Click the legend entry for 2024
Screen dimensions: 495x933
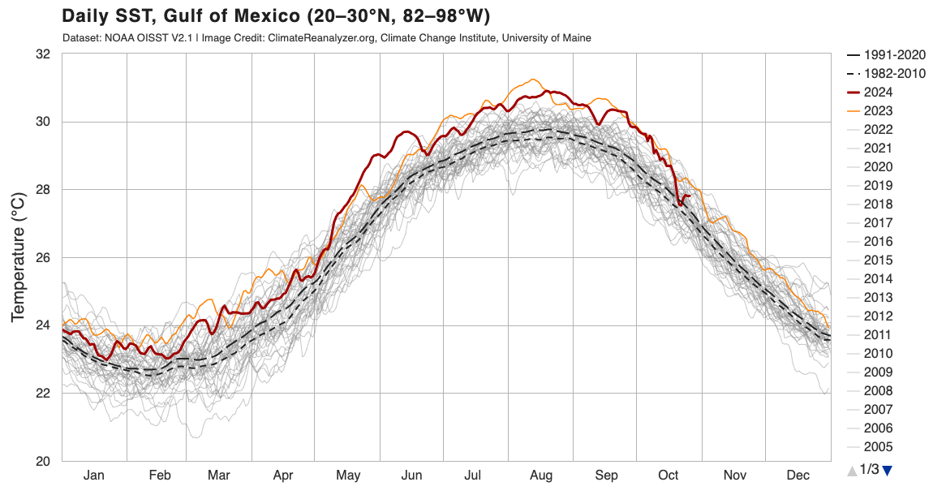[x=879, y=93]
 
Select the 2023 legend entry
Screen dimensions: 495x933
[x=879, y=111]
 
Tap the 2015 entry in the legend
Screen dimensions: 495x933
[x=879, y=260]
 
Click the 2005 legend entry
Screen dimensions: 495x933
[x=879, y=447]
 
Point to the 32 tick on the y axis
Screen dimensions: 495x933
[x=42, y=54]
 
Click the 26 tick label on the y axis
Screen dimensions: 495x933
[x=42, y=258]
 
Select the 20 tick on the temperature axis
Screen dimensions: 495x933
[x=42, y=461]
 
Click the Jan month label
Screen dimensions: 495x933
[x=94, y=475]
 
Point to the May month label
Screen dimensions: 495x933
[x=348, y=475]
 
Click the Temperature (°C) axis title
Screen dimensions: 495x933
[x=18, y=257]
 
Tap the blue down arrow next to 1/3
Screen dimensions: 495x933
[x=887, y=470]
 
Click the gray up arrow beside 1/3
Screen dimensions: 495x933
[x=851, y=470]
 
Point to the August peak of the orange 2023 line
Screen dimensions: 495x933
[x=532, y=80]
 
